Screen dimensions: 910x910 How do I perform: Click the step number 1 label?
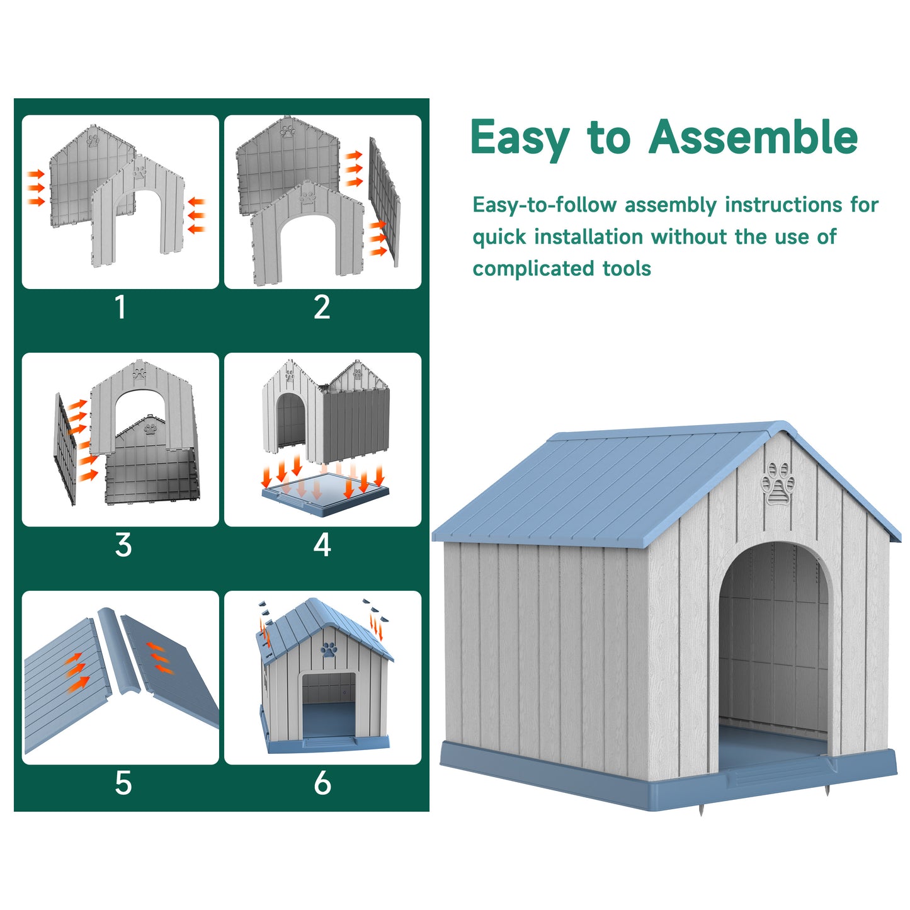[x=121, y=307]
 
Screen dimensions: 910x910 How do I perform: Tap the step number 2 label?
[x=322, y=307]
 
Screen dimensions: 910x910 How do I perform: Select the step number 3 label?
[x=123, y=545]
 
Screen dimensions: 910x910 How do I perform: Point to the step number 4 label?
[x=322, y=545]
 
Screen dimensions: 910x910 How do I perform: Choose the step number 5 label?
[x=123, y=783]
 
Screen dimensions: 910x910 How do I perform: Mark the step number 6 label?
[x=322, y=783]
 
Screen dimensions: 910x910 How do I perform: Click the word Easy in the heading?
[x=520, y=139]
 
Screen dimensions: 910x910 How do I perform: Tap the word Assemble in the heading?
[x=753, y=136]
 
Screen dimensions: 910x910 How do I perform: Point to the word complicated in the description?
[x=533, y=269]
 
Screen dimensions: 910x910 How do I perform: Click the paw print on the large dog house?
[x=778, y=484]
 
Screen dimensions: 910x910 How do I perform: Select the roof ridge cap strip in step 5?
[x=119, y=651]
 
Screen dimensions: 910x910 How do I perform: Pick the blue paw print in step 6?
[x=329, y=649]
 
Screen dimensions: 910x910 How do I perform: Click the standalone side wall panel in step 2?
[x=384, y=202]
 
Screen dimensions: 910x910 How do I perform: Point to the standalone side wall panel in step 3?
[x=65, y=449]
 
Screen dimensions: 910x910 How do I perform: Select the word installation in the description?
[x=589, y=237]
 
